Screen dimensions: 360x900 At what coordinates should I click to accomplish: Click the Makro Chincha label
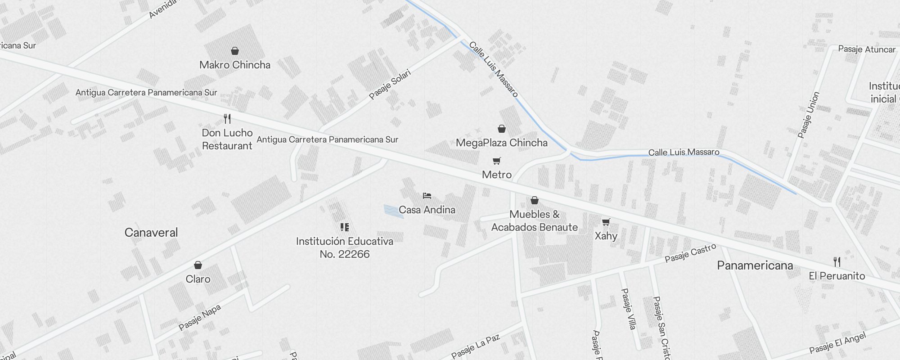tap(235, 65)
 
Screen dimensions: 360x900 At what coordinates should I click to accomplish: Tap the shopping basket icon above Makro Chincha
tap(235, 51)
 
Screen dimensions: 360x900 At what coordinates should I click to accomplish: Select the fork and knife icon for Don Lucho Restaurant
tap(227, 119)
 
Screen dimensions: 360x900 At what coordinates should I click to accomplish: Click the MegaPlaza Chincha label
tap(501, 143)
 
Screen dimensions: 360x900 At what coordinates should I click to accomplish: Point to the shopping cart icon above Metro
tap(497, 161)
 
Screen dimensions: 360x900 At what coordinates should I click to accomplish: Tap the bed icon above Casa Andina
tap(427, 196)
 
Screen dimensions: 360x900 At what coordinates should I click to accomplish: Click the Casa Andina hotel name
tap(427, 210)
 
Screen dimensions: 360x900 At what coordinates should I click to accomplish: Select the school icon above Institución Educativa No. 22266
tap(345, 227)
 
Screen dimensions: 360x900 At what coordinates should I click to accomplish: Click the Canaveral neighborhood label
tap(151, 233)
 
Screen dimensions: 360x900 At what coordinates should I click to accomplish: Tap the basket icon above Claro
tap(198, 265)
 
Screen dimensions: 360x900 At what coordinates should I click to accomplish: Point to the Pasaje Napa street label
tap(200, 317)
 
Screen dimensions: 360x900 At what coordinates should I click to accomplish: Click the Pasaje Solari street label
tap(390, 84)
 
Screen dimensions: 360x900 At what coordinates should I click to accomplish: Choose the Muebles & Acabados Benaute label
tap(535, 221)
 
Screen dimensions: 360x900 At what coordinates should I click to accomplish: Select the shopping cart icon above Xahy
tap(606, 222)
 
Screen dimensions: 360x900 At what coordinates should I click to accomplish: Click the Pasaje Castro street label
tap(690, 253)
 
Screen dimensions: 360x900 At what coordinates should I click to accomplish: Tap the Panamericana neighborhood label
tap(755, 265)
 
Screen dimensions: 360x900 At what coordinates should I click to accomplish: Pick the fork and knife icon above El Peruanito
tap(837, 261)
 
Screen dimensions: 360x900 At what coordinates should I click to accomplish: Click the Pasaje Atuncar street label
tap(867, 49)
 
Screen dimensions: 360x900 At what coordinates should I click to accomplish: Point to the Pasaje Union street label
tap(809, 115)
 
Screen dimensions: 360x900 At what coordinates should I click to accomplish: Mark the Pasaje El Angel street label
tap(837, 343)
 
